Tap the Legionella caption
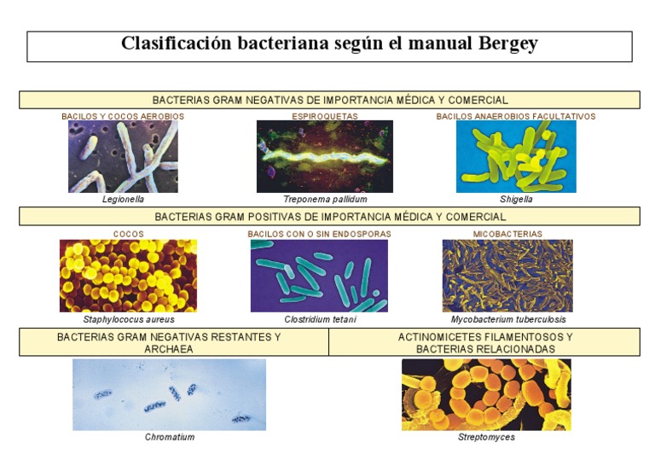123,200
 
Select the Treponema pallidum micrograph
325,156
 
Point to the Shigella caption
516,200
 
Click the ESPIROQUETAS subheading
325,116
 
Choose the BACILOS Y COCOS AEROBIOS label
123,116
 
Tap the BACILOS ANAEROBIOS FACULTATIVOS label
516,116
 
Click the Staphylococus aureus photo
128,276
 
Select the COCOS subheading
128,234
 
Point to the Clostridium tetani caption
320,319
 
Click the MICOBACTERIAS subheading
507,234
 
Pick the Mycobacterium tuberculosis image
507,276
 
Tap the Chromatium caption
170,437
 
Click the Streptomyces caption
486,437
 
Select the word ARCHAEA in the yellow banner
169,349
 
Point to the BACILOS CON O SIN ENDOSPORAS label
319,234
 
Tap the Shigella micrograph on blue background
516,156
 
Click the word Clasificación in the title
176,43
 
